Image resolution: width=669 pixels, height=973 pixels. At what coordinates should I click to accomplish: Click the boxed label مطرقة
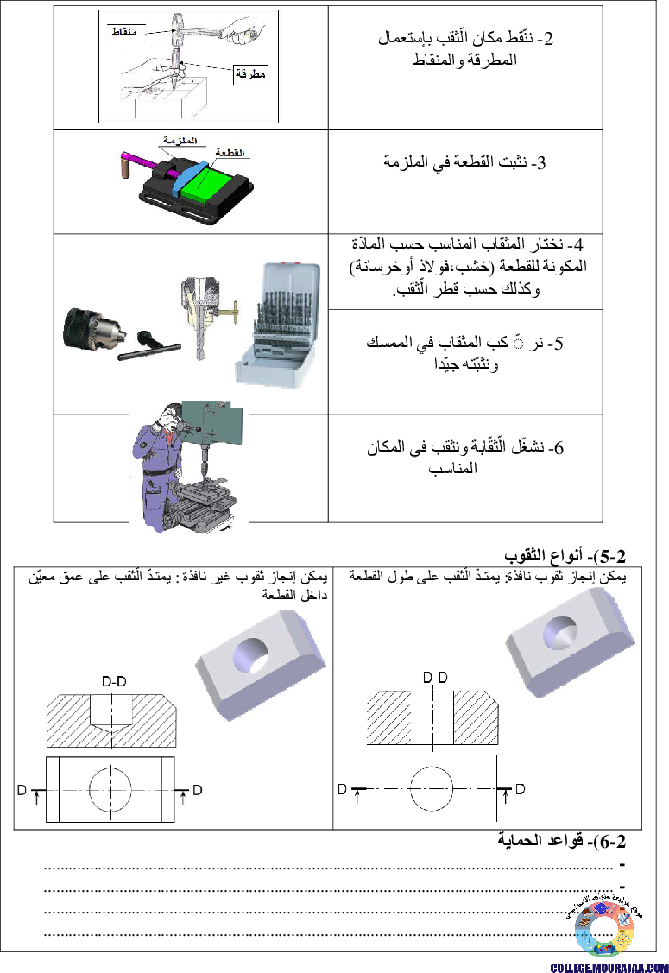coord(250,74)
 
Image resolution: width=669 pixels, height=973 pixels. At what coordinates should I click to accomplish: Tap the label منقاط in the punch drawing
coord(124,32)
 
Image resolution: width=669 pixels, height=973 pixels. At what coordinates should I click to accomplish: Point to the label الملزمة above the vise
coord(180,140)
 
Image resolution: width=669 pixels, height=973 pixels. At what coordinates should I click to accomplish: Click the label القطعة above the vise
coord(230,152)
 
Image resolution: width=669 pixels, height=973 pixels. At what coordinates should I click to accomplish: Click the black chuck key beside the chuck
coord(149,346)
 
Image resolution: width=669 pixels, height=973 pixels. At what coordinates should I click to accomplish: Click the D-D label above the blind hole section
coord(114,681)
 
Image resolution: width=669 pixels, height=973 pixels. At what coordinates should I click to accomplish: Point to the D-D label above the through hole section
coord(435,678)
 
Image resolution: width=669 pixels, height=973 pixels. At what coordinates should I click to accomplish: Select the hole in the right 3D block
coord(559,634)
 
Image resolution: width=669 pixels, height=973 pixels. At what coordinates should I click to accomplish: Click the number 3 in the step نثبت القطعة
coord(541,163)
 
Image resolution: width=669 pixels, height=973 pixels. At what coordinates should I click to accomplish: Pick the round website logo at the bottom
coord(604,929)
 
